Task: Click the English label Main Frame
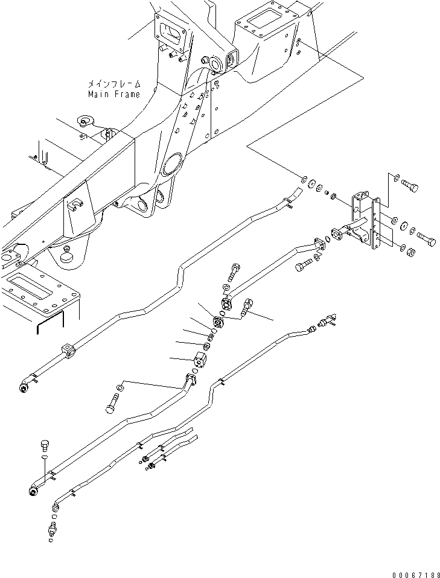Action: (113, 94)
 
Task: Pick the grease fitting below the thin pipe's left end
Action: (52, 532)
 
